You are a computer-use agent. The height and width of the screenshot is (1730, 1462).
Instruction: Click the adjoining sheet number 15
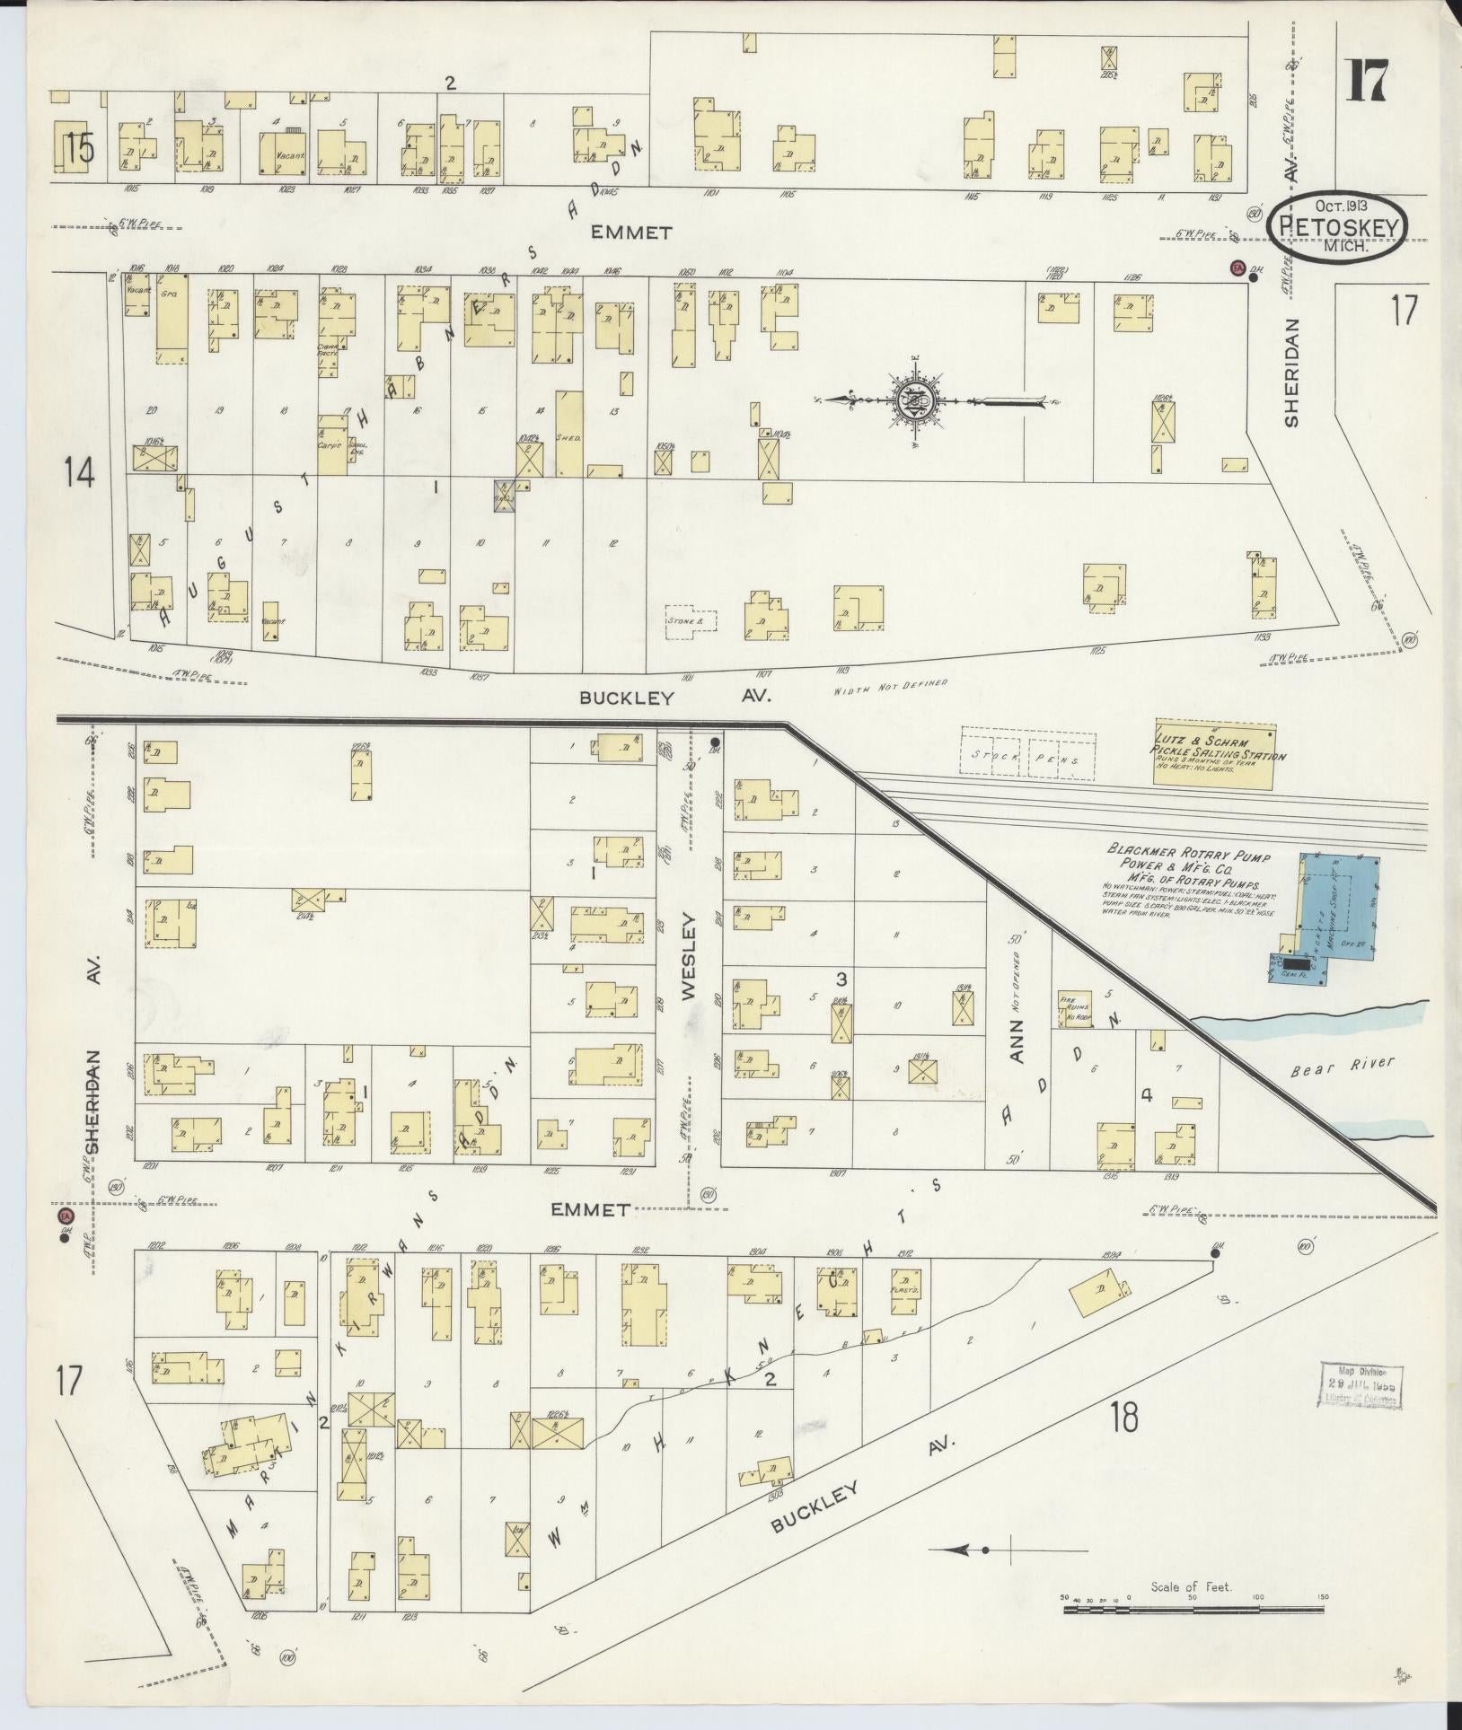[79, 148]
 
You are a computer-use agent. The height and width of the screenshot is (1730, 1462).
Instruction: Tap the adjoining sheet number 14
[79, 472]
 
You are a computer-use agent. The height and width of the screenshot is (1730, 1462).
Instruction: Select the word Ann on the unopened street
[1017, 1044]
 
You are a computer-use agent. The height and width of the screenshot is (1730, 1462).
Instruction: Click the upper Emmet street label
[631, 233]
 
